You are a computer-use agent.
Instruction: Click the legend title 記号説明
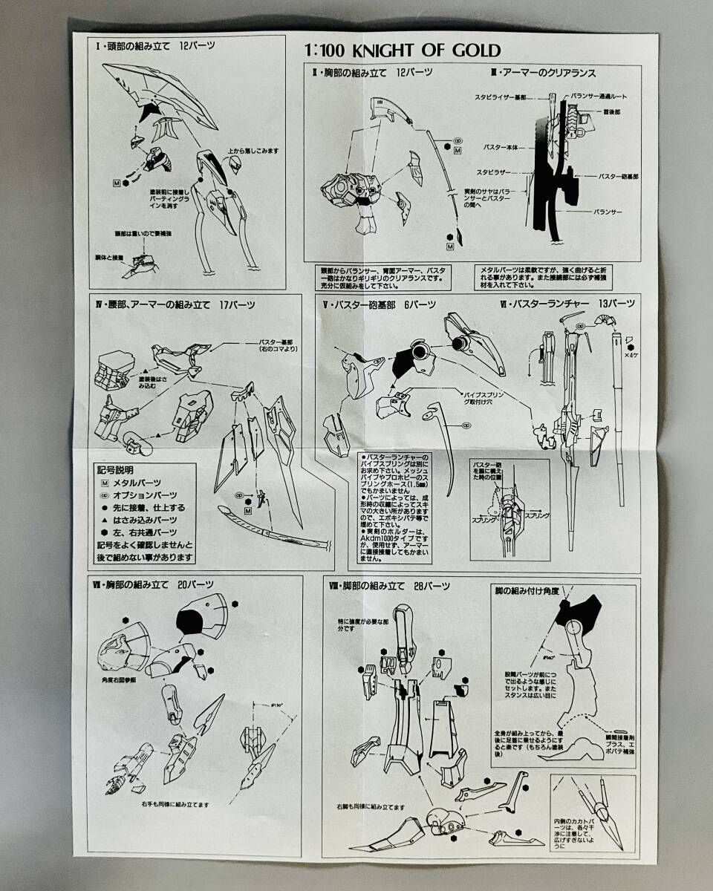pyautogui.click(x=113, y=469)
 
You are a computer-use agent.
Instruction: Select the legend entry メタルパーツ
pyautogui.click(x=137, y=483)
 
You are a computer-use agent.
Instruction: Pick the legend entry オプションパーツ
pyautogui.click(x=144, y=495)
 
